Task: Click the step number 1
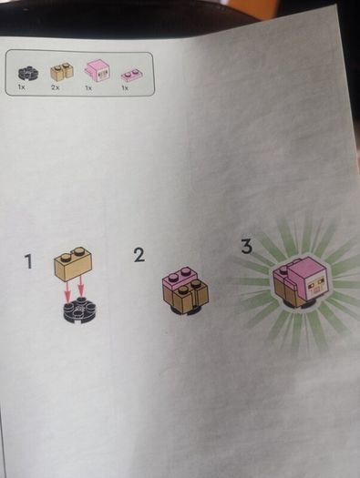pyautogui.click(x=28, y=262)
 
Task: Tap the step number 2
pyautogui.click(x=139, y=255)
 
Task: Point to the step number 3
pyautogui.click(x=247, y=247)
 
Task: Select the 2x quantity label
pyautogui.click(x=56, y=87)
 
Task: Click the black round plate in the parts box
pyautogui.click(x=27, y=73)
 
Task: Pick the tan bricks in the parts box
pyautogui.click(x=62, y=71)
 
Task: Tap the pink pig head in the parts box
pyautogui.click(x=98, y=70)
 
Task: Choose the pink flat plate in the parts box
pyautogui.click(x=131, y=75)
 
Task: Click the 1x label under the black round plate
pyautogui.click(x=21, y=87)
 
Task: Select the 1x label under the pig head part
pyautogui.click(x=88, y=87)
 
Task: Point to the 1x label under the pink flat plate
pyautogui.click(x=125, y=87)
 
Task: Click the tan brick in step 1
pyautogui.click(x=73, y=264)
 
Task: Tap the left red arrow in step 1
pyautogui.click(x=67, y=291)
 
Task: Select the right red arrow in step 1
pyautogui.click(x=80, y=287)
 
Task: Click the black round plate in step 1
pyautogui.click(x=79, y=310)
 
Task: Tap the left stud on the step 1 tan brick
pyautogui.click(x=66, y=258)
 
